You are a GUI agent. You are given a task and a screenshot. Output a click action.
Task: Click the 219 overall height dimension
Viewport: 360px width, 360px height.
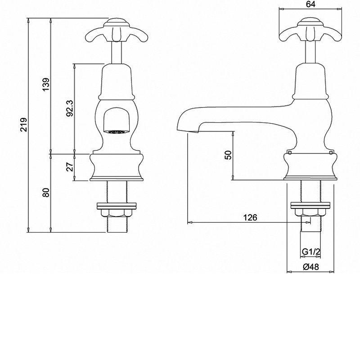[x=24, y=125]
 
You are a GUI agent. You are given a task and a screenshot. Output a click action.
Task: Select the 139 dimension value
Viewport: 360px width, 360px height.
[x=46, y=84]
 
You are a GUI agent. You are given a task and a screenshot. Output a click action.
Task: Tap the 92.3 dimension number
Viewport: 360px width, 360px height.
[x=70, y=108]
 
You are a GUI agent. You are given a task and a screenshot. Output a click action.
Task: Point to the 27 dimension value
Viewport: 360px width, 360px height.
[x=70, y=166]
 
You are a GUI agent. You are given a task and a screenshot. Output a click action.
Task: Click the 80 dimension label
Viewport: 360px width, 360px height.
[x=46, y=193]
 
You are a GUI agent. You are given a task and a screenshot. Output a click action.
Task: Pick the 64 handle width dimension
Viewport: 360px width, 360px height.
[x=310, y=4]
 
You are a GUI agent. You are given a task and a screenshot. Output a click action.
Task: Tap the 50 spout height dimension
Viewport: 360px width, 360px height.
[x=229, y=155]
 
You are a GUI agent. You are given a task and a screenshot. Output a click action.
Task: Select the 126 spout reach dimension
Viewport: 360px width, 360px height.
[x=250, y=217]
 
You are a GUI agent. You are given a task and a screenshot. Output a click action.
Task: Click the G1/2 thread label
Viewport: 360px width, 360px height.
[x=310, y=252]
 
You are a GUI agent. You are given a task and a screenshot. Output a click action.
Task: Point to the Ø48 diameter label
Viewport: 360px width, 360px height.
[x=311, y=267]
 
